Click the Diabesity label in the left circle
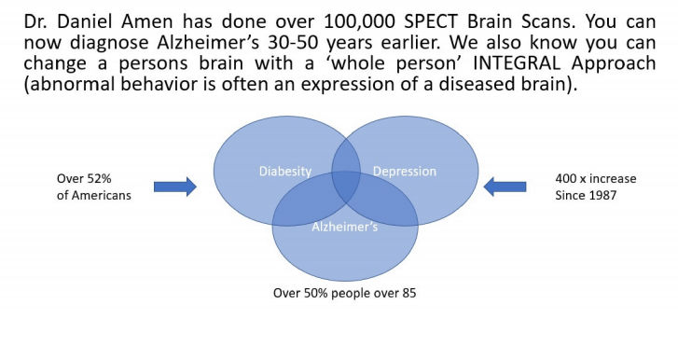click(x=285, y=172)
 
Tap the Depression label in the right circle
click(x=404, y=172)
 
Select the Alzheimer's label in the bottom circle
click(x=344, y=228)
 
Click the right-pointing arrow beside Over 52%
click(x=174, y=187)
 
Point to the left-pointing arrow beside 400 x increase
click(x=505, y=187)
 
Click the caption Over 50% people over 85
click(x=344, y=292)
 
